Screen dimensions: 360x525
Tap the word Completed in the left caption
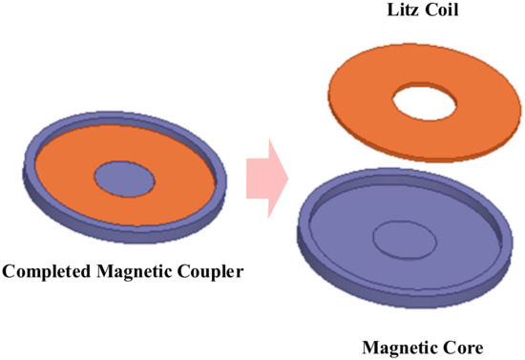[45, 273]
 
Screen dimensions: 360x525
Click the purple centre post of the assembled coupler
[125, 178]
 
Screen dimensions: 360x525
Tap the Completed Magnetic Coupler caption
[123, 273]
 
